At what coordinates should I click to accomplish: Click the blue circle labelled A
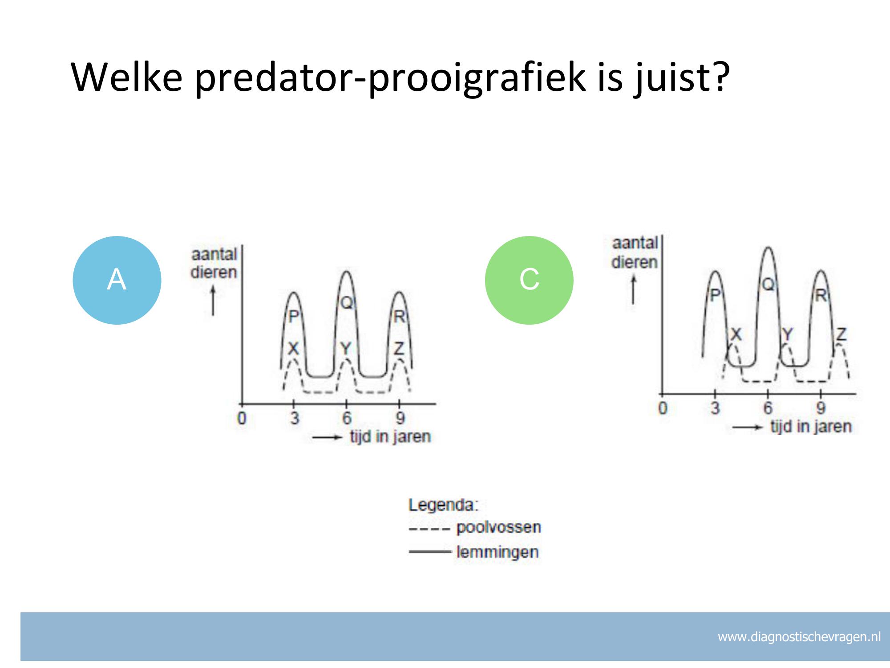click(x=117, y=280)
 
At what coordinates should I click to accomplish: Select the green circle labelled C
click(x=529, y=280)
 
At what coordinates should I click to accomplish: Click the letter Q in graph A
click(x=346, y=303)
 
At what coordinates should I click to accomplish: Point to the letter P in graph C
click(x=715, y=295)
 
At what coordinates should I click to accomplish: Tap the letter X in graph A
click(x=293, y=349)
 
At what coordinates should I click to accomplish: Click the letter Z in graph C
click(x=841, y=334)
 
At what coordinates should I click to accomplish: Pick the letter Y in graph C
click(x=787, y=334)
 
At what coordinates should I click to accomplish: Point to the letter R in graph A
click(x=399, y=317)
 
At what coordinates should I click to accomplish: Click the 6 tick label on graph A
click(x=347, y=418)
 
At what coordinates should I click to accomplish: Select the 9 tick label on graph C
click(x=821, y=407)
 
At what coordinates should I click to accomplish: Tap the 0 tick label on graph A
click(x=242, y=418)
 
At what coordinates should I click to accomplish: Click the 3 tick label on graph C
click(x=715, y=407)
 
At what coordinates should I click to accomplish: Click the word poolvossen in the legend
click(x=499, y=527)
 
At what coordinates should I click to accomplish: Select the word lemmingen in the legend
click(x=498, y=552)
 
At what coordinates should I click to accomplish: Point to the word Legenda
click(x=443, y=505)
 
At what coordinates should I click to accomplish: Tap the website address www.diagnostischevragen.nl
click(x=799, y=637)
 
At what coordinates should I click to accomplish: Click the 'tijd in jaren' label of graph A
click(x=390, y=436)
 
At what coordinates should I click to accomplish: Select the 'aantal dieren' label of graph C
click(x=635, y=253)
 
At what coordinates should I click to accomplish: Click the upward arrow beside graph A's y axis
click(x=213, y=301)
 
